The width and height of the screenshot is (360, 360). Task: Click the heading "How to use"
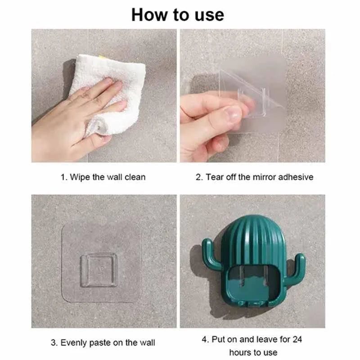[178, 15]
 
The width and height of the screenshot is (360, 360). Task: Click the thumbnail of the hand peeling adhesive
[252, 96]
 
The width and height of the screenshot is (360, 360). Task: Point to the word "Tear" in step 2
[215, 177]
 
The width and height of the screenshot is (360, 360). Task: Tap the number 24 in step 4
[297, 339]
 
